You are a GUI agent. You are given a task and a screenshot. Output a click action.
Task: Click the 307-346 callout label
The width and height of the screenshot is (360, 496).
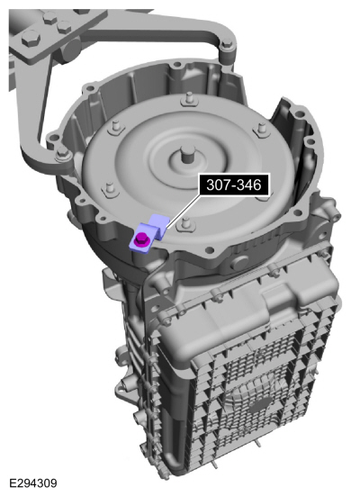[x=234, y=185]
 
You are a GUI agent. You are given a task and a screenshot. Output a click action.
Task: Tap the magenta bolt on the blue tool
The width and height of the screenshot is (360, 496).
[x=139, y=239]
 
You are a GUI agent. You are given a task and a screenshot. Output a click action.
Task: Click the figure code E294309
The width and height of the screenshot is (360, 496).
[x=33, y=483]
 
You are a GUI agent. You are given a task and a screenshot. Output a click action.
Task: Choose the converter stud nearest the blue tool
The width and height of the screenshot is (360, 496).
[x=184, y=225]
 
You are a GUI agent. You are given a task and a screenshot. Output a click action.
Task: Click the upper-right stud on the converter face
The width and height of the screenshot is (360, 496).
[x=261, y=130]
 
